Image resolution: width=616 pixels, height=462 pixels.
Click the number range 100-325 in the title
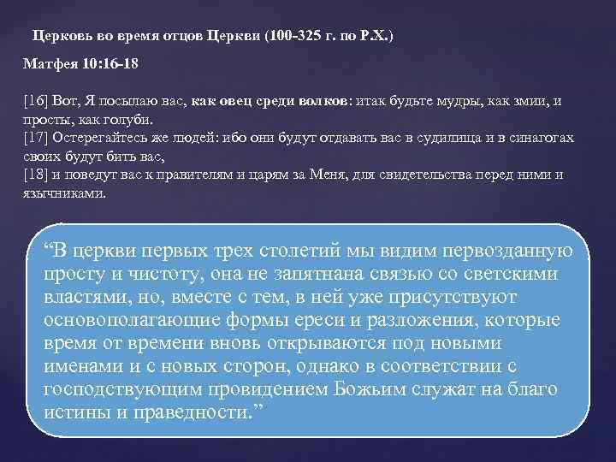point(294,37)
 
